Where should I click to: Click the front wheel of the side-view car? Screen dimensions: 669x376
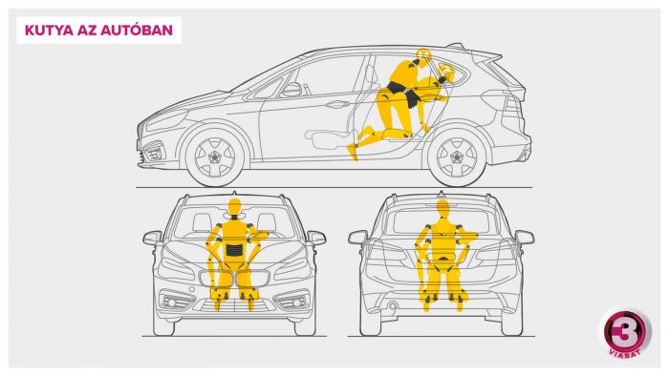point(215,157)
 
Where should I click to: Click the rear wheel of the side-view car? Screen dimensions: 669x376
point(457,157)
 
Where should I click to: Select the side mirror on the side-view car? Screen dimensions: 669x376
point(291,89)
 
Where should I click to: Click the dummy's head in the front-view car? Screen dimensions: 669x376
point(234,207)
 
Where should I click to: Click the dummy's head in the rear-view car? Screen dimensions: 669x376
point(443,209)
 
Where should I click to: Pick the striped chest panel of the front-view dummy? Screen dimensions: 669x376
point(234,249)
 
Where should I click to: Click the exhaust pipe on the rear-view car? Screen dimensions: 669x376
point(393,306)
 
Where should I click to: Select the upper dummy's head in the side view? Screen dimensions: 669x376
point(422,55)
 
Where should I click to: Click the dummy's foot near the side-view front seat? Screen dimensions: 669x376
point(353,153)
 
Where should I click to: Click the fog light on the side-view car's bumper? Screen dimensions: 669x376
point(153,151)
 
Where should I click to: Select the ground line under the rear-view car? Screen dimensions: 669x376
point(442,337)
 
